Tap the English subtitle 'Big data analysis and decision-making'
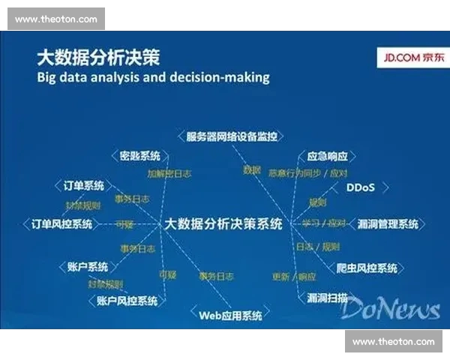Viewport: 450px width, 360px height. click(153, 76)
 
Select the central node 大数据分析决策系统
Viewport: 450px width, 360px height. click(223, 223)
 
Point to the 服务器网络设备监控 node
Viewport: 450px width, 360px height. click(232, 136)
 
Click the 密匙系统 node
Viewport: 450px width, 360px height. click(140, 156)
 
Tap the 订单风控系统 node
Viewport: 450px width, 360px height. click(61, 223)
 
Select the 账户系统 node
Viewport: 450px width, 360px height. click(88, 267)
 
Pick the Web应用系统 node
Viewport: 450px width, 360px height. click(230, 316)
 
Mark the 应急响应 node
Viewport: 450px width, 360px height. click(328, 157)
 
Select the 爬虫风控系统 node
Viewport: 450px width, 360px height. click(367, 268)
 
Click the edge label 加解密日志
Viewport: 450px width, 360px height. click(169, 173)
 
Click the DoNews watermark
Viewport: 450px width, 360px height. click(394, 308)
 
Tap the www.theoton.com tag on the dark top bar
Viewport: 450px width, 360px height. click(55, 19)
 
